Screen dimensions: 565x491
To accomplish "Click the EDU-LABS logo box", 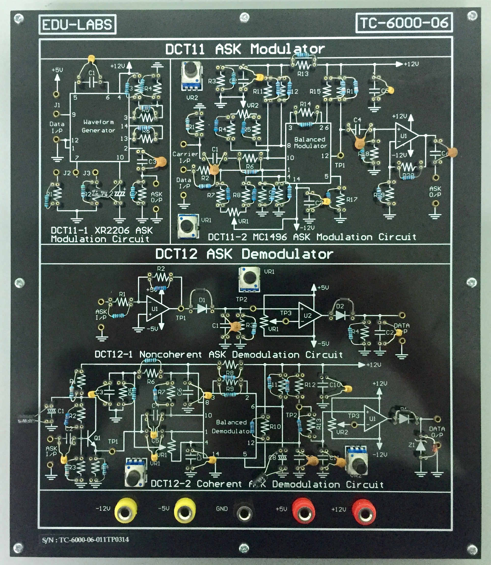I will [x=77, y=24].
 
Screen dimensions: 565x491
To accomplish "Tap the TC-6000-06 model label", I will [x=404, y=23].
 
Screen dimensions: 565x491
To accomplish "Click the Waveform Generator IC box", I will [x=99, y=128].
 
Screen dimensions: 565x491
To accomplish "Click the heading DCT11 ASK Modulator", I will [x=245, y=49].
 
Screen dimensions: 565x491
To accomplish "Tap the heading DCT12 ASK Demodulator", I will [x=244, y=254].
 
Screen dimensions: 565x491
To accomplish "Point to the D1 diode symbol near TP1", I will [x=202, y=309].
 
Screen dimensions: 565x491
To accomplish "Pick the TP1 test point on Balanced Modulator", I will [x=340, y=156].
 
